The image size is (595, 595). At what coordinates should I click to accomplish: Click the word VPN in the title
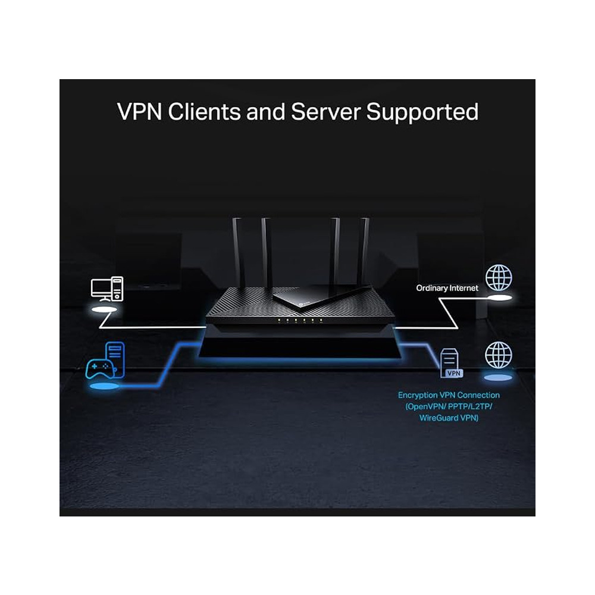[140, 112]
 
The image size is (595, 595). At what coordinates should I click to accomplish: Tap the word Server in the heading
[325, 112]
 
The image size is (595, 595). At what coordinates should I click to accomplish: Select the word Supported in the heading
[422, 112]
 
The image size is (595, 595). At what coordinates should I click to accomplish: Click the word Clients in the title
[204, 112]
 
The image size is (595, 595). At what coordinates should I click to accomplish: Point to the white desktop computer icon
[107, 289]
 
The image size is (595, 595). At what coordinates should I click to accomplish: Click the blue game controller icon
[100, 369]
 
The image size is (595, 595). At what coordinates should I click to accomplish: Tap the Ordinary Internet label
[447, 288]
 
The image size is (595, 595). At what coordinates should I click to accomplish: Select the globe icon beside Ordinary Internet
[499, 278]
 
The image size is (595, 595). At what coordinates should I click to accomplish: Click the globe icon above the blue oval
[499, 355]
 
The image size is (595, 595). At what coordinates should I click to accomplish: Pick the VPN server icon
[451, 364]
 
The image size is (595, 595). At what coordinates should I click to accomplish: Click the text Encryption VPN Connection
[449, 395]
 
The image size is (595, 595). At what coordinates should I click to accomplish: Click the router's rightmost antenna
[364, 251]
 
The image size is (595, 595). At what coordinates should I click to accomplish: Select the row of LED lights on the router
[300, 321]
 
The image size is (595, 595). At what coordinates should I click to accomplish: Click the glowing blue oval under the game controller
[104, 386]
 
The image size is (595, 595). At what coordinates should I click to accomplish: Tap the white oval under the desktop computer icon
[104, 309]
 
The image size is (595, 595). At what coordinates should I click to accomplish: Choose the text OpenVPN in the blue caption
[425, 406]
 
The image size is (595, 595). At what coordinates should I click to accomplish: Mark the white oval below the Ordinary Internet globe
[499, 298]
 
